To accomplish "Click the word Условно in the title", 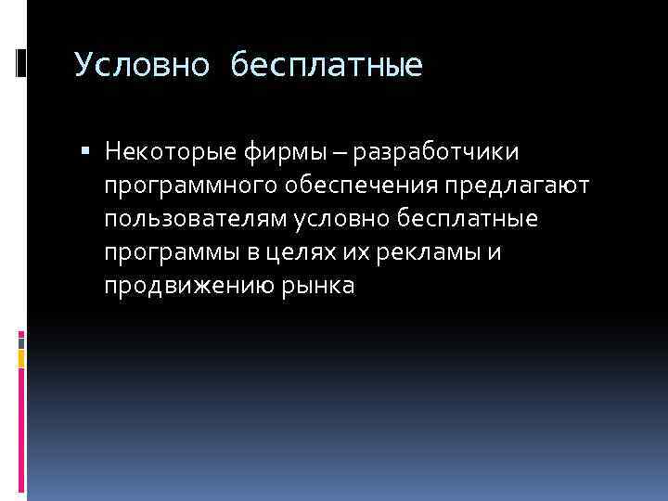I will click(129, 65).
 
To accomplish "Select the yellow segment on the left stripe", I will click(20, 354).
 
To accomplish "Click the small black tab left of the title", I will click(21, 62).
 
